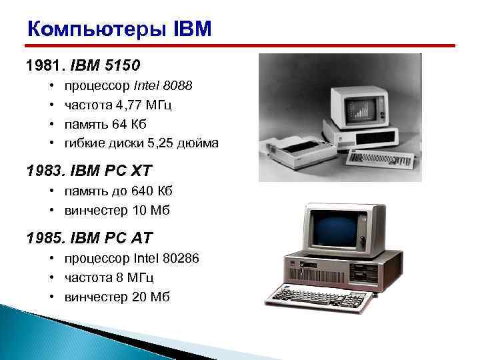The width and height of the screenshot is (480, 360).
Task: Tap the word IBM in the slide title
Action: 193,29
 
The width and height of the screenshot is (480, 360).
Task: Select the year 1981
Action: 39,66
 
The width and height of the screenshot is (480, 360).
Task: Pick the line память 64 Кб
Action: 105,124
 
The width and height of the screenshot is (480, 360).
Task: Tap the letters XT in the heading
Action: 137,171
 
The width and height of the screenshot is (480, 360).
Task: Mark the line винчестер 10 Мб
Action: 117,211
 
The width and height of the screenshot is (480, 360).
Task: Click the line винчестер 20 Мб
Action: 117,297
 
